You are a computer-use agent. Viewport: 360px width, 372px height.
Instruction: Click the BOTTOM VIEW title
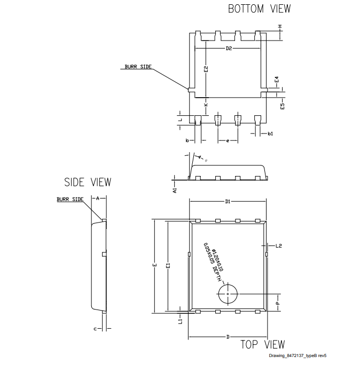click(x=259, y=9)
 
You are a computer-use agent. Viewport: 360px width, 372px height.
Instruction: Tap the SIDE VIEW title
click(x=88, y=182)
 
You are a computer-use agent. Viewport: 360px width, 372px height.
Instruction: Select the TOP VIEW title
click(x=262, y=344)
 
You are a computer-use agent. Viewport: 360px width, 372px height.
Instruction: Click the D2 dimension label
click(x=229, y=49)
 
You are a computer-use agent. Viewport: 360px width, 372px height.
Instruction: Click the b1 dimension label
click(x=271, y=133)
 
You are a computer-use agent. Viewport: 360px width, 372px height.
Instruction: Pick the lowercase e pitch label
click(x=228, y=141)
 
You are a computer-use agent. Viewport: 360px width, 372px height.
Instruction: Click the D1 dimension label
click(x=228, y=202)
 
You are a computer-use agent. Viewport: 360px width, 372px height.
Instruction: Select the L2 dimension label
click(x=278, y=246)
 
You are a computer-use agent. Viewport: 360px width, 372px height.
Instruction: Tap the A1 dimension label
click(x=175, y=189)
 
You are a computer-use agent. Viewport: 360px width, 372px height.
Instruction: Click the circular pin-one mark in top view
click(x=228, y=294)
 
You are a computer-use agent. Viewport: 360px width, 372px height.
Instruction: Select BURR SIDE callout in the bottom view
click(x=138, y=67)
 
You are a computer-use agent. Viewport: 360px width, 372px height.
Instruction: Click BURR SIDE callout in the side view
click(x=70, y=199)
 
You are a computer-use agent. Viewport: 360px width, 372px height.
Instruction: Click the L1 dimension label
click(x=181, y=321)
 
